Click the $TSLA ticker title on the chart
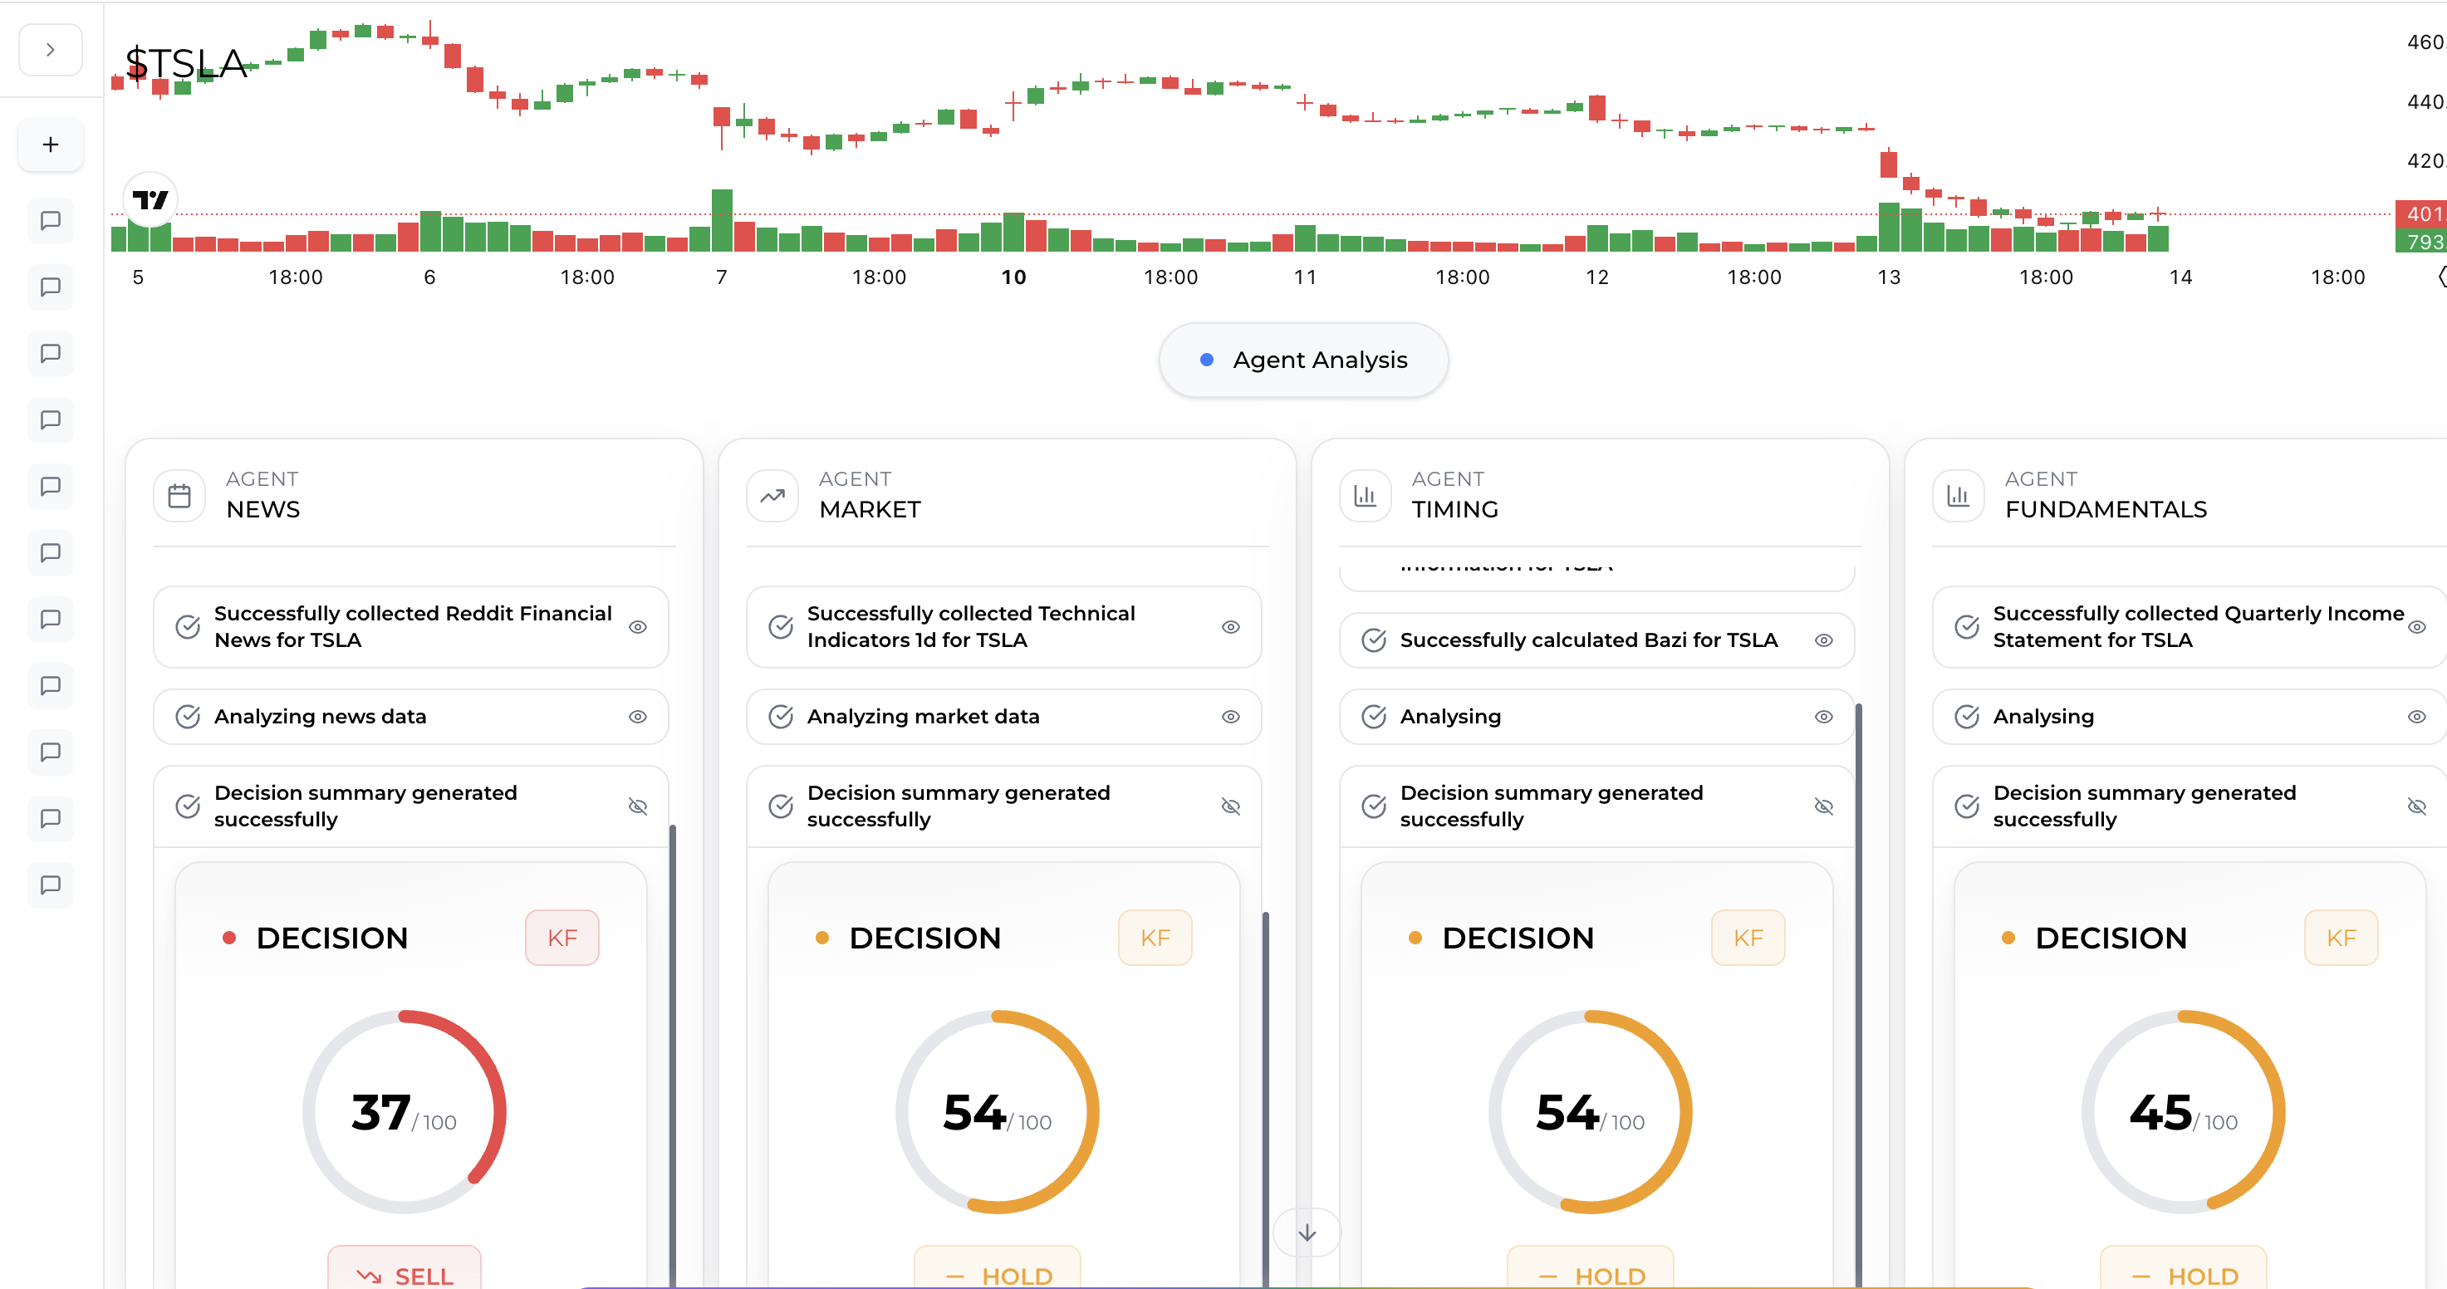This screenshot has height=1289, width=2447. (x=186, y=64)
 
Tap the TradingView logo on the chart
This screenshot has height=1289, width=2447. (x=150, y=199)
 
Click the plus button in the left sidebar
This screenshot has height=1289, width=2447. (x=51, y=145)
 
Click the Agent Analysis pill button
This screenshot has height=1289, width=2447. (x=1302, y=360)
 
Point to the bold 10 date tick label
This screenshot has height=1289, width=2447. (x=1013, y=277)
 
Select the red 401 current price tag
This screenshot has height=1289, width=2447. (x=2421, y=213)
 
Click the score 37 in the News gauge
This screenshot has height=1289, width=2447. (x=381, y=1112)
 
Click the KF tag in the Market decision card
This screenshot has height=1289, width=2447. (x=1155, y=938)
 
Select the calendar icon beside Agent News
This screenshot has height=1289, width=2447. (x=179, y=495)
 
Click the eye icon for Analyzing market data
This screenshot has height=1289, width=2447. (x=1230, y=716)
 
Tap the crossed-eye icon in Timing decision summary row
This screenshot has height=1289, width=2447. (x=1823, y=806)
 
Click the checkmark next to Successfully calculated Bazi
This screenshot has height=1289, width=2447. (x=1374, y=640)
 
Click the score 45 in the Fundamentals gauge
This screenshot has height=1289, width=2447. (x=2160, y=1112)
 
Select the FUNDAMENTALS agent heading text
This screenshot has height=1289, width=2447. (x=2105, y=509)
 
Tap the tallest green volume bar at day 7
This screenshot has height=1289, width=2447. (x=722, y=219)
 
